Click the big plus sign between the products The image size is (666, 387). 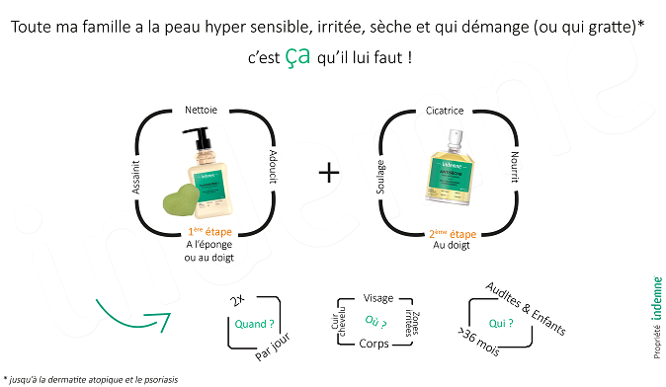click(x=329, y=172)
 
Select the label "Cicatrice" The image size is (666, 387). click(x=445, y=111)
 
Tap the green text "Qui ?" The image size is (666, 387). click(x=501, y=321)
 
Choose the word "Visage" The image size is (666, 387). click(x=378, y=297)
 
